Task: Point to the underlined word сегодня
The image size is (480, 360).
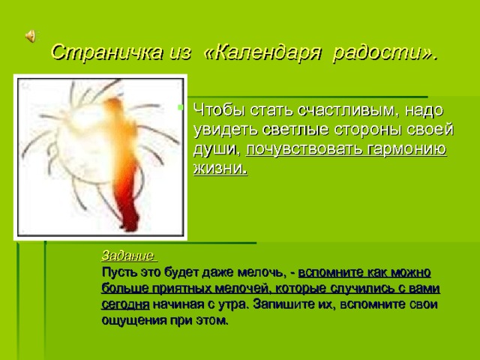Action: point(124,304)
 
